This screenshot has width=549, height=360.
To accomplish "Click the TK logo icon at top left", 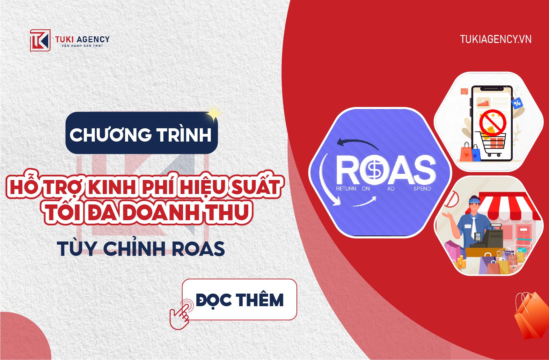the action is coord(40,40).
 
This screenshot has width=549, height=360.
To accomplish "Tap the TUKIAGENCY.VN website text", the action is coord(496,39).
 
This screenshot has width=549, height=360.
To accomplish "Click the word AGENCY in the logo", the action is coord(93,39).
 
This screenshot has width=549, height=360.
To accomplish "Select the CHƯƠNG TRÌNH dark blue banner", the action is coord(141,133).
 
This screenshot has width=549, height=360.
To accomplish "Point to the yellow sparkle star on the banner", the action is coord(213,114).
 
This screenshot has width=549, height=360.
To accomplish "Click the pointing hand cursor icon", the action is coord(181,314).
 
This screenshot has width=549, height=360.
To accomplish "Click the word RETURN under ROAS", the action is coord(346,189).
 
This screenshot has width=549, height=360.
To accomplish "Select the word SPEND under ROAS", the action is coord(422,189).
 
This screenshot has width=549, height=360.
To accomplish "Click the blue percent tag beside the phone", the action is coord(517,103).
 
